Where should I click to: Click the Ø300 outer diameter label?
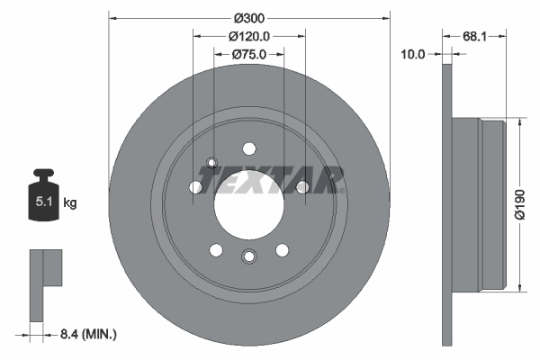pyautogui.click(x=249, y=18)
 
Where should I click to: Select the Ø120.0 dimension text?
pyautogui.click(x=249, y=36)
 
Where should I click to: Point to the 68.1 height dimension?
pyautogui.click(x=475, y=37)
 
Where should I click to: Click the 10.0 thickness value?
pyautogui.click(x=413, y=54)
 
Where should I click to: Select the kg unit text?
pyautogui.click(x=70, y=203)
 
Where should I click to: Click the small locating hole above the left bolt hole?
pyautogui.click(x=212, y=163)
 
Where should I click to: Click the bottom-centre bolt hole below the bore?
pyautogui.click(x=248, y=257)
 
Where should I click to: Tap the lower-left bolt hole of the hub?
pyautogui.click(x=215, y=249)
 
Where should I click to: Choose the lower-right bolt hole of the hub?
pyautogui.click(x=282, y=249)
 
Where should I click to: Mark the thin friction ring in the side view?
pyautogui.click(x=447, y=204)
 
